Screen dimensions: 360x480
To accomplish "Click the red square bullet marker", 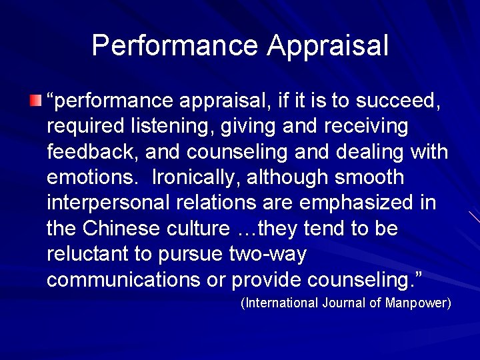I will [x=35, y=101].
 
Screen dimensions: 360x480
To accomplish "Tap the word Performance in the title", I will [x=175, y=45].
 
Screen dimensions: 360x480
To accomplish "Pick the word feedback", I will [x=91, y=152].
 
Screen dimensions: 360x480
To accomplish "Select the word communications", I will [x=124, y=280].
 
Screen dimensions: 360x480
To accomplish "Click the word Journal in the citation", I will [x=344, y=303].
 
